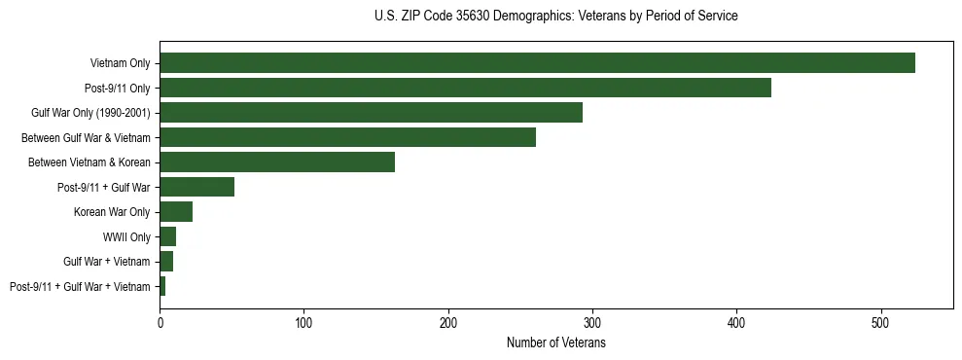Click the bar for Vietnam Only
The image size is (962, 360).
[x=537, y=63]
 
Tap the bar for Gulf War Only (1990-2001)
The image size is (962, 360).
[x=371, y=113]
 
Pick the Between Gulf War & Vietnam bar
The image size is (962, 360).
[x=347, y=137]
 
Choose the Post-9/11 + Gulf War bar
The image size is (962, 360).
[x=196, y=187]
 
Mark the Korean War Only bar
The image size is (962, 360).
[x=176, y=212]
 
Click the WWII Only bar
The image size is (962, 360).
[x=167, y=236]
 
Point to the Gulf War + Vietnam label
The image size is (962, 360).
[x=107, y=262]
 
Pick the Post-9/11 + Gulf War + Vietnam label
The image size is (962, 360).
[x=80, y=286]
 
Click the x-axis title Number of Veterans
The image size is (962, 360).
[x=555, y=343]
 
